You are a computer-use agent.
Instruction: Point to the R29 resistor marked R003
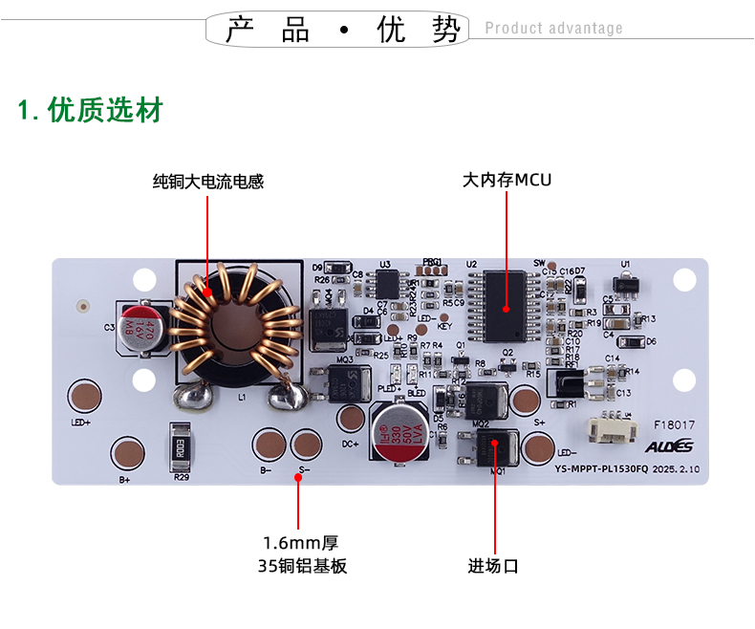[x=182, y=446]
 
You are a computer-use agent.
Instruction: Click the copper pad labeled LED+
[x=84, y=397]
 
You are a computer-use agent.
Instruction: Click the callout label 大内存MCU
[x=507, y=180]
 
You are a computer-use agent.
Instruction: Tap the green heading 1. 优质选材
[x=91, y=111]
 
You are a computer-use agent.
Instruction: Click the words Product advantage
[x=553, y=29]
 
